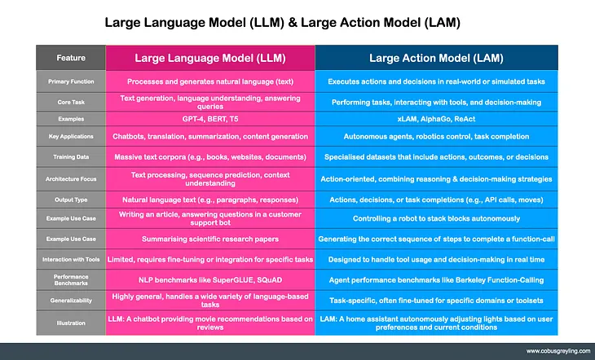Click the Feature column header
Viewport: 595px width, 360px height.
71,58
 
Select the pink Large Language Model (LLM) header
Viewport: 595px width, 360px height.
210,58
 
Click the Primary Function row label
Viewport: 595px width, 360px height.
71,81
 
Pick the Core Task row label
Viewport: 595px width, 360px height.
71,102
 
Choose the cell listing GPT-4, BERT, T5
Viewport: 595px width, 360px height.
210,119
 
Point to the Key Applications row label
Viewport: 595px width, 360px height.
71,136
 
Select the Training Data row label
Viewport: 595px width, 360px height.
71,156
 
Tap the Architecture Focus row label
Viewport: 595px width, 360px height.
71,178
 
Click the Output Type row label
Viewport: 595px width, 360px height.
71,198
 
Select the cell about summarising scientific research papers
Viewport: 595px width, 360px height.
210,239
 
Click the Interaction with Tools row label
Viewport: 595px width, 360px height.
71,259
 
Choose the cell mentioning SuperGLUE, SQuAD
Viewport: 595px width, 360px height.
210,279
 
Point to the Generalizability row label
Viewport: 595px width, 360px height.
71,299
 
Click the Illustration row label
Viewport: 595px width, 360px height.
71,322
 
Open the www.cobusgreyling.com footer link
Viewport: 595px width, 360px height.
547,349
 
